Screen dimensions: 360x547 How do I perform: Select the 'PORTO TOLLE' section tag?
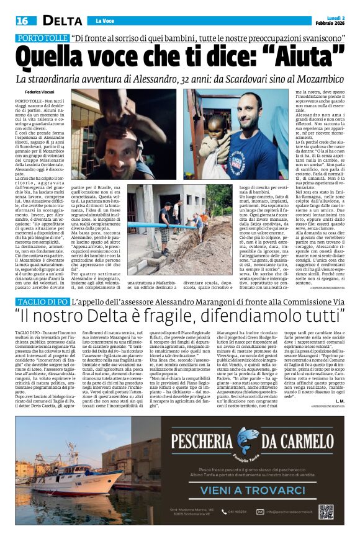[x=41, y=38]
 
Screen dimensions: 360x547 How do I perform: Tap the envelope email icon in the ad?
[x=263, y=512]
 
